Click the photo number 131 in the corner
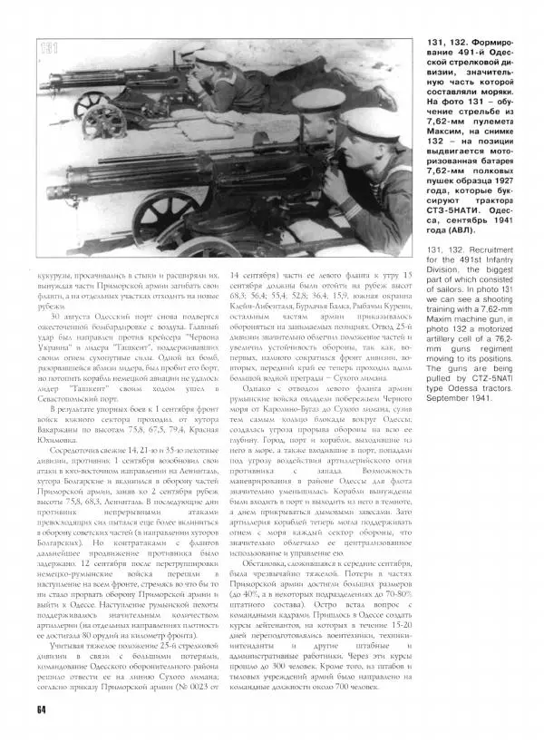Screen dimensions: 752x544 click(52, 50)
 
